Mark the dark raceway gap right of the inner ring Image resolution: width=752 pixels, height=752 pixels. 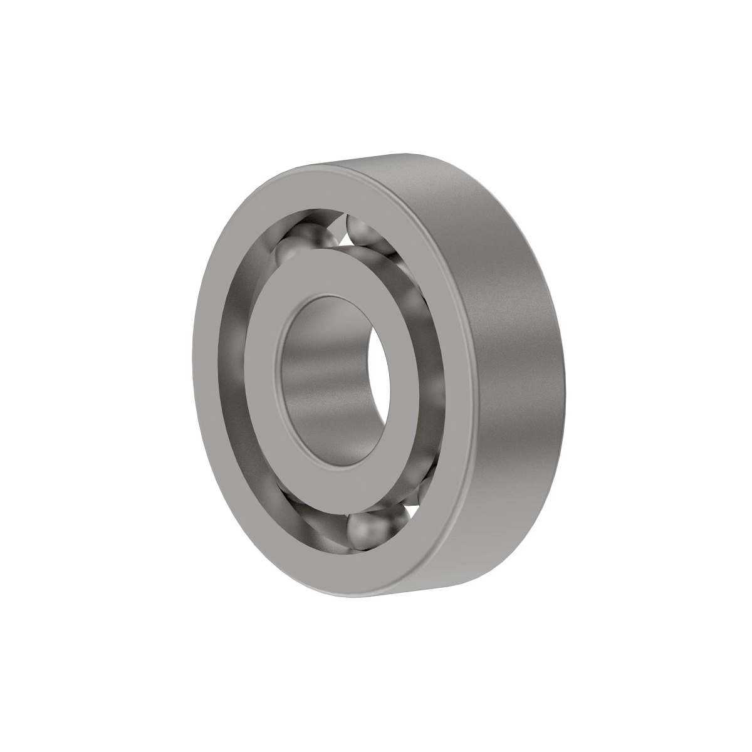point(432,351)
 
